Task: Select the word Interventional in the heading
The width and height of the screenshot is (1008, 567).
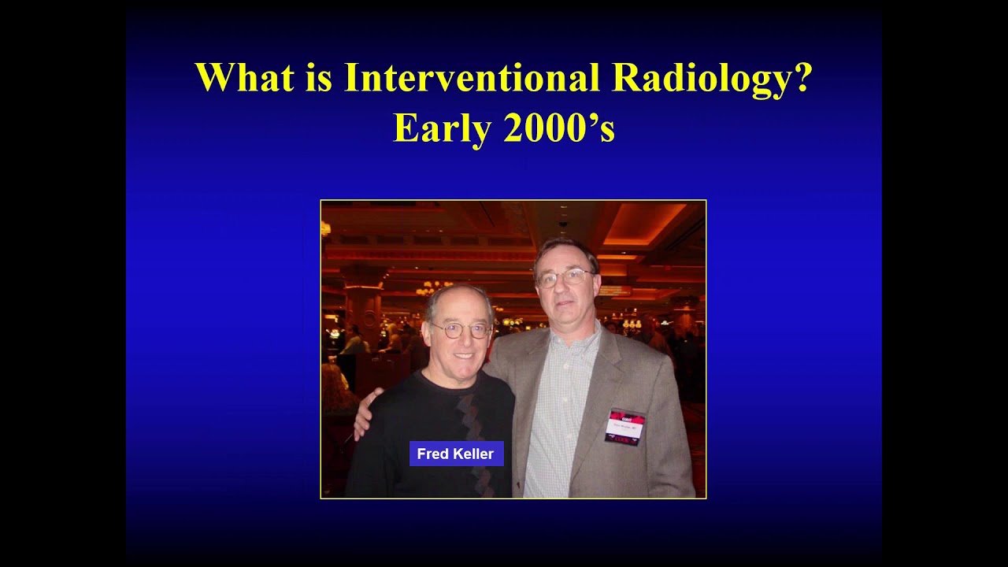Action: pos(470,77)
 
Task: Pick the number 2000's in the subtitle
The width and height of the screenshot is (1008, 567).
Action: pos(558,128)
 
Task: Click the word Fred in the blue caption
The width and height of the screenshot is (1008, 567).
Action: pos(433,454)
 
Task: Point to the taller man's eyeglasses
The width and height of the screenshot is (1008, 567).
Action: pos(565,277)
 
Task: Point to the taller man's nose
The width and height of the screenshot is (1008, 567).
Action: pos(565,288)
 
